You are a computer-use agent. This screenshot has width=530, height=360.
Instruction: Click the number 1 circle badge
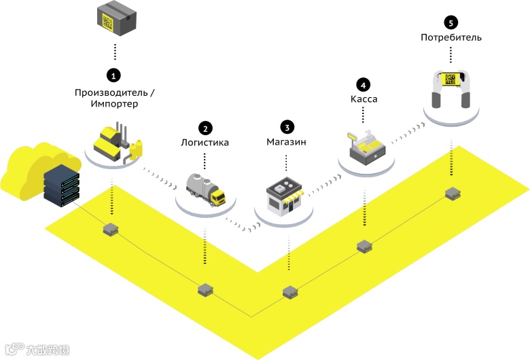coord(115,73)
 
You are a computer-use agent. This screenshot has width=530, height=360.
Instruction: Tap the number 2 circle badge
coord(205,127)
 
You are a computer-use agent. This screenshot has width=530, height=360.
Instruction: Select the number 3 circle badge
coord(287,127)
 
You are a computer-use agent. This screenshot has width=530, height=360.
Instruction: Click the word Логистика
coord(205,143)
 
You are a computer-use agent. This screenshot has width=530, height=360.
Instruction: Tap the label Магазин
coord(287,143)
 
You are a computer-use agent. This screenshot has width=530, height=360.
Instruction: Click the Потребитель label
coord(451,37)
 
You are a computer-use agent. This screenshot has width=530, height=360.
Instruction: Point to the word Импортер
coord(114,104)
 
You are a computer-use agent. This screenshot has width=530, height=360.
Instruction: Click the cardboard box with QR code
coord(115,18)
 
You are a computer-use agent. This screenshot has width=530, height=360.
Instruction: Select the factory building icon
coord(116,143)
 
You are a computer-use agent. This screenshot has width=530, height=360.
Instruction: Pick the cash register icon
coord(366,145)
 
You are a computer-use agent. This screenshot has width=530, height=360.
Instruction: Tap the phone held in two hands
coord(451,81)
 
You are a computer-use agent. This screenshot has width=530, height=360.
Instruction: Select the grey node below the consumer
coord(452,194)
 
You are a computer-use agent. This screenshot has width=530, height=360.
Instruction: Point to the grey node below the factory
coord(109,229)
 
